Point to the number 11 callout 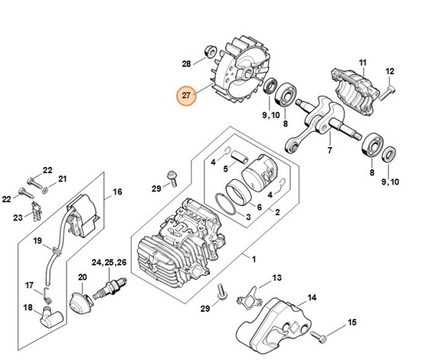coord(362,62)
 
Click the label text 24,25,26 coord(110,262)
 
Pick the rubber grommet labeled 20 coord(82,299)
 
